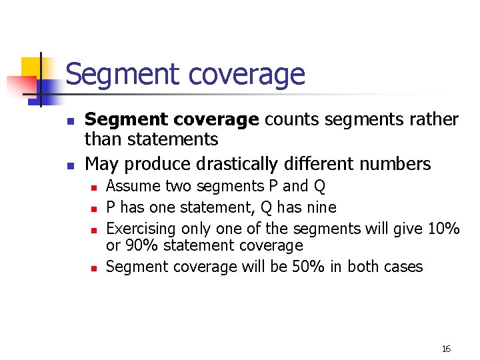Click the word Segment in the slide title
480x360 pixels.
pos(111,75)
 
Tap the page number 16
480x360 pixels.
pos(447,349)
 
